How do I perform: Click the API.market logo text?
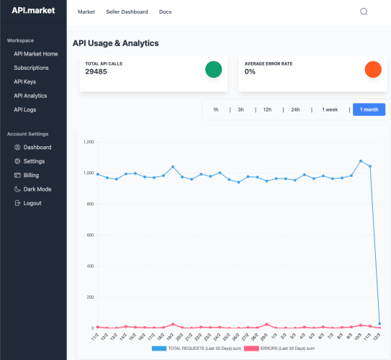tap(33, 11)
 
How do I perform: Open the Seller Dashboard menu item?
tap(127, 12)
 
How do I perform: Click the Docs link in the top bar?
tap(166, 12)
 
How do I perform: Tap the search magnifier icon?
tap(364, 12)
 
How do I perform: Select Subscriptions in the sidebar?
tap(31, 68)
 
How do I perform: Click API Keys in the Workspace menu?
tap(25, 82)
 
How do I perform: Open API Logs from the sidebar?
tap(25, 109)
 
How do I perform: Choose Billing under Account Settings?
tap(31, 175)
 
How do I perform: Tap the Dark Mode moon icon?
tap(17, 189)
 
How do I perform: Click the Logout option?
tap(32, 203)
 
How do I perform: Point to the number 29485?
tap(96, 72)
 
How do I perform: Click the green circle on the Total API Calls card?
tap(213, 69)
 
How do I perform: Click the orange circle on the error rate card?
tap(373, 69)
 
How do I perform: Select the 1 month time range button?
tap(369, 109)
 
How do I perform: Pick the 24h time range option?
tap(295, 109)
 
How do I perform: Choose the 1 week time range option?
tap(330, 109)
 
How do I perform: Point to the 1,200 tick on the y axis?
tap(89, 142)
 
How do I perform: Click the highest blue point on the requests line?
tap(361, 161)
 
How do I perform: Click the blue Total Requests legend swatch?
tap(159, 348)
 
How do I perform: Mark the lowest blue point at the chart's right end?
tap(379, 324)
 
